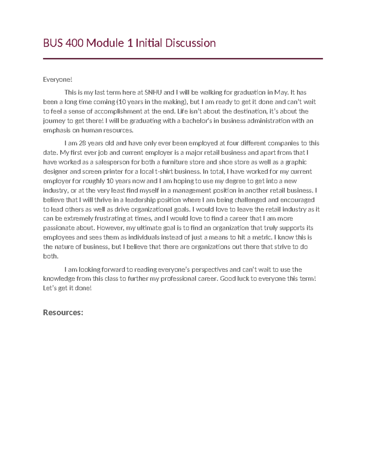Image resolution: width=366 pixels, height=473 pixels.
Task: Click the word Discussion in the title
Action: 190,43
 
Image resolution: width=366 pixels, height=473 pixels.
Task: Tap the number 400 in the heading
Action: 74,43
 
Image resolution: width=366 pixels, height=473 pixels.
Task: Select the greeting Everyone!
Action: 58,79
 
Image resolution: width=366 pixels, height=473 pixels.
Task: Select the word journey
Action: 54,121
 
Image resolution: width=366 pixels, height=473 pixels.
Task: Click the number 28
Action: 82,143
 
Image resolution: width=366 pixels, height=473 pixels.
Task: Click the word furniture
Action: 175,162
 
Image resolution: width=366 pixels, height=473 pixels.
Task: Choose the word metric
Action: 262,237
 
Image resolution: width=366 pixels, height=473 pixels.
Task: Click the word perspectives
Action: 210,270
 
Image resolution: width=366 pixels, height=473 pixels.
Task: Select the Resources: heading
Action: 63,312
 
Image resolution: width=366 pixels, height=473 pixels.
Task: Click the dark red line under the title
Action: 183,58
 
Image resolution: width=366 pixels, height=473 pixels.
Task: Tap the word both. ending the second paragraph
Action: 51,256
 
